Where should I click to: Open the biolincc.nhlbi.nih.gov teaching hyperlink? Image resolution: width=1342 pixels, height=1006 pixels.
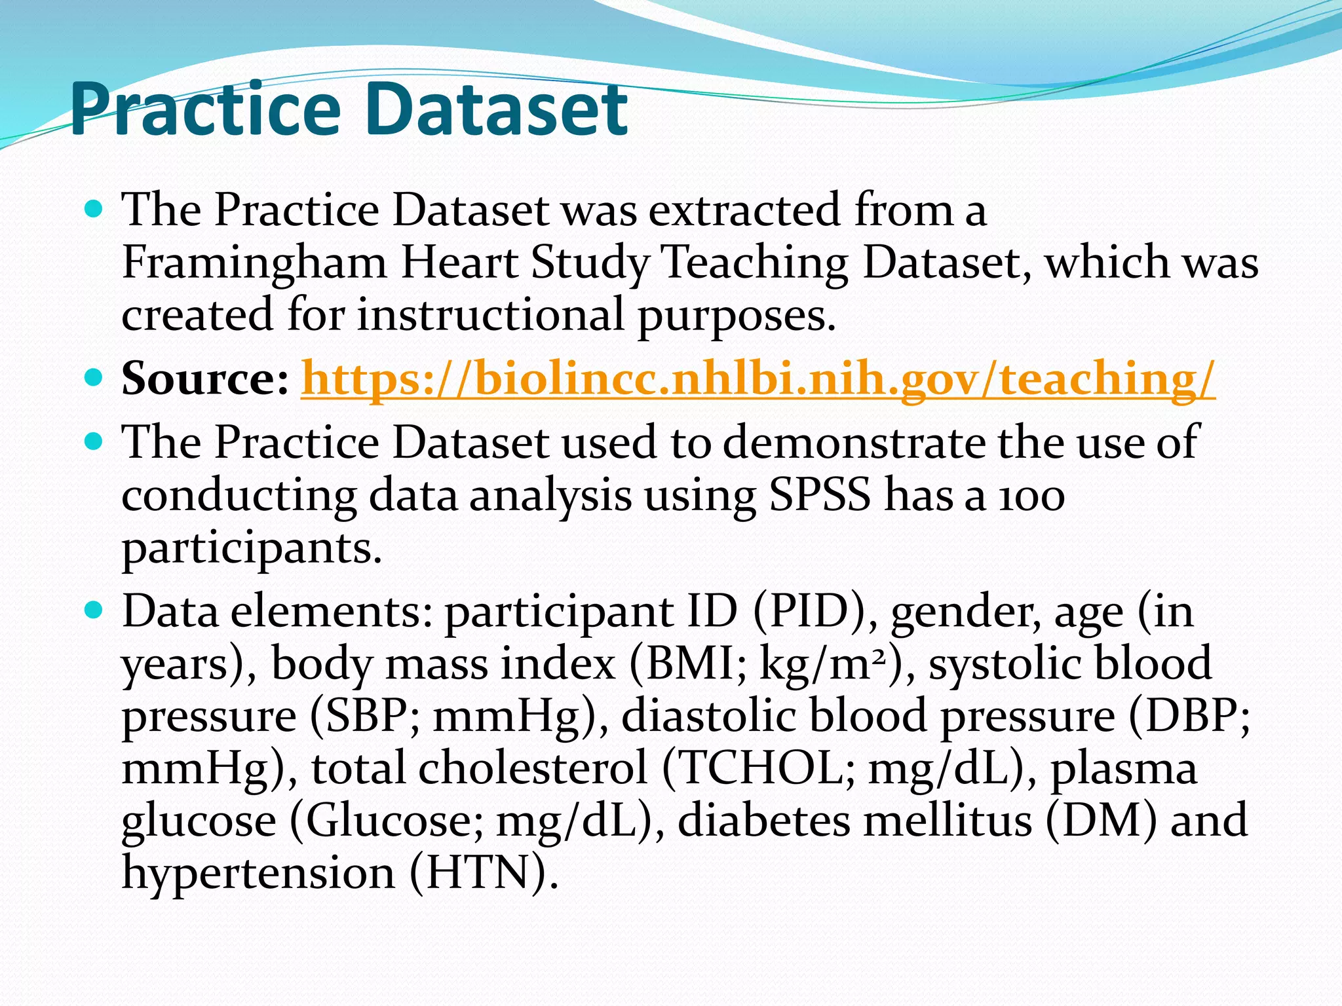coord(757,379)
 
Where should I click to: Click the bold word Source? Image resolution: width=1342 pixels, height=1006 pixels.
coord(204,379)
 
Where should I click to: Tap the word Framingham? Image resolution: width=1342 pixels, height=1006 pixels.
coord(254,263)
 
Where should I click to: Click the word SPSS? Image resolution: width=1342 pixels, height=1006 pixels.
coord(820,495)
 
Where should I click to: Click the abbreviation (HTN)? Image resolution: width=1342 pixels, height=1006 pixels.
coord(485,873)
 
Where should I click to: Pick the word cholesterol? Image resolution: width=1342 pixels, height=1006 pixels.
coord(533,768)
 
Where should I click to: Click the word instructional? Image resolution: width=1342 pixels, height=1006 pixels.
coord(490,315)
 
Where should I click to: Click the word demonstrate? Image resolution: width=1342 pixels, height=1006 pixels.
coord(854,443)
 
